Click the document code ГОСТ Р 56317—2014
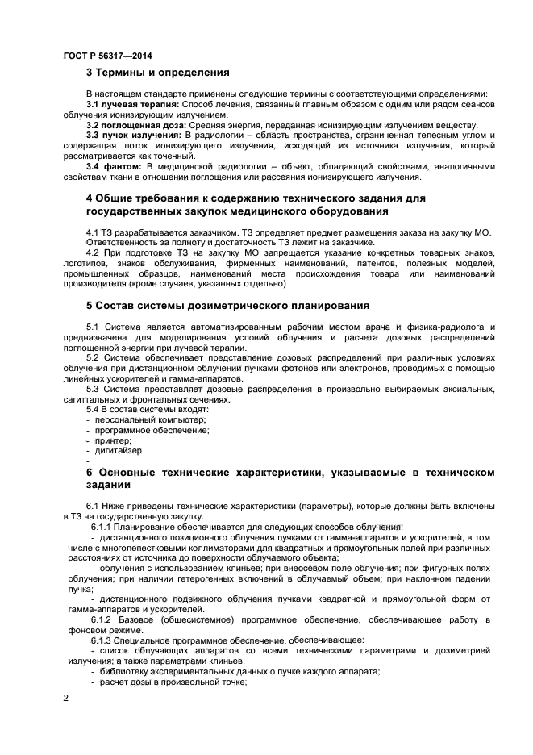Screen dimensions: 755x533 [107, 56]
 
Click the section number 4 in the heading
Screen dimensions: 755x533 [90, 198]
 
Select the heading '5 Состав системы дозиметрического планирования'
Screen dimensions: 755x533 [227, 306]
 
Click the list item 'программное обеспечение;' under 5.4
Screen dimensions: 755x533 [152, 431]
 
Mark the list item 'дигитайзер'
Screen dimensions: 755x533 [120, 452]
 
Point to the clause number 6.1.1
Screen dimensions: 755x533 [102, 527]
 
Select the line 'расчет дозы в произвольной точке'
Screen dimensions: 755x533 [177, 682]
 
